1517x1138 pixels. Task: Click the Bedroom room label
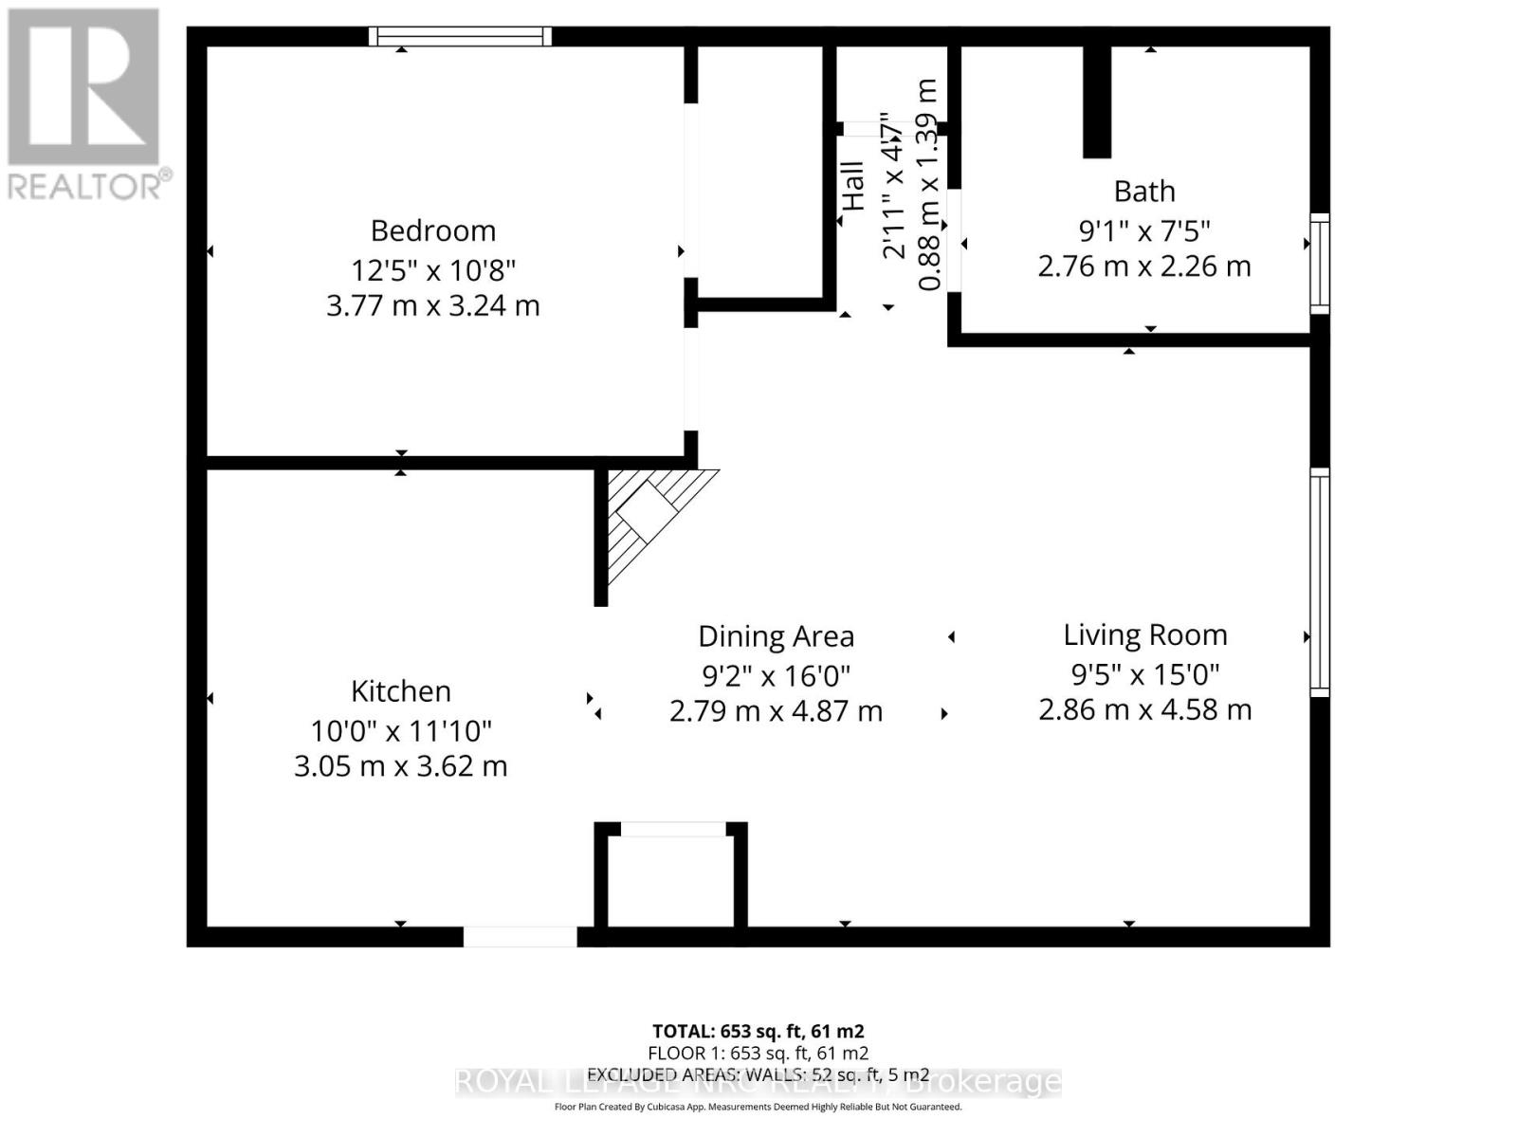[x=433, y=230]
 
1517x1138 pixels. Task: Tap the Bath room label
[x=1144, y=192]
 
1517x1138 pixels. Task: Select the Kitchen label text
[x=401, y=691]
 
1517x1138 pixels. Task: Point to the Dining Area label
[x=777, y=636]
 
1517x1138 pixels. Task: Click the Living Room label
[x=1145, y=634]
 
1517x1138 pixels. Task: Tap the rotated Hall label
[x=853, y=186]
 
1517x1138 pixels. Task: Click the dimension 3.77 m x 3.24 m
[x=433, y=306]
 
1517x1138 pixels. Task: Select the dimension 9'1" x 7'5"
[x=1144, y=230]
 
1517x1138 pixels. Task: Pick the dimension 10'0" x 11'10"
[x=401, y=731]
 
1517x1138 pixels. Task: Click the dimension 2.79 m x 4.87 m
[x=777, y=711]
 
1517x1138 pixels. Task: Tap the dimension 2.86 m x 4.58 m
[x=1145, y=709]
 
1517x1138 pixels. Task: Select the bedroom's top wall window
[x=460, y=36]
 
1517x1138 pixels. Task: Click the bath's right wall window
[x=1320, y=263]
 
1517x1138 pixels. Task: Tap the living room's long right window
[x=1320, y=582]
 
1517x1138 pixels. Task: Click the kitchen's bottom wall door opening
[x=520, y=937]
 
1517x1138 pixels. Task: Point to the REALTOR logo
[x=85, y=104]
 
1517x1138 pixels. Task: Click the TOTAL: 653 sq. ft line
[x=758, y=1031]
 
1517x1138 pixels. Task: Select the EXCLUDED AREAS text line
[x=758, y=1074]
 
